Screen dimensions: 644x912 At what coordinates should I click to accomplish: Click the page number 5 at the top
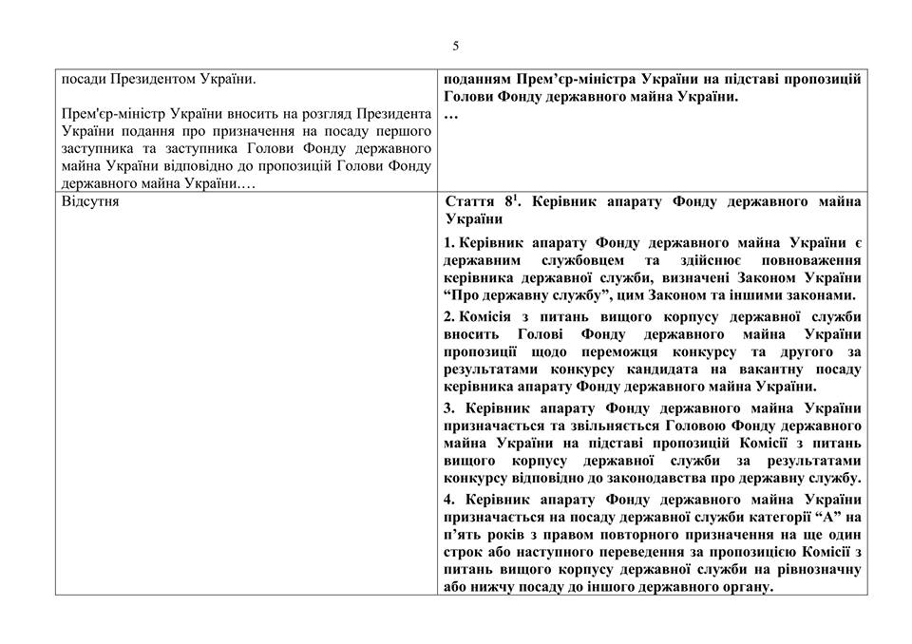point(456,46)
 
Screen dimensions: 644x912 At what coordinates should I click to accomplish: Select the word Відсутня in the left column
point(90,202)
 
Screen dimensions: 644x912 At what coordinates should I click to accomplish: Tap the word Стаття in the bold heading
point(469,202)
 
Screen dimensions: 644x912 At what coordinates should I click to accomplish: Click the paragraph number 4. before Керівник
point(449,501)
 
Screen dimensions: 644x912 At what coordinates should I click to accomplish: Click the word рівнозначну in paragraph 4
point(818,570)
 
